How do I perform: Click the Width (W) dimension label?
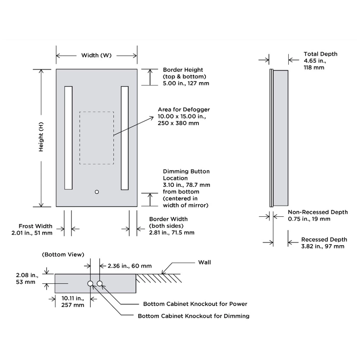click(96, 55)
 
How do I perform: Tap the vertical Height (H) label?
click(41, 137)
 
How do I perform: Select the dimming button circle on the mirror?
click(96, 192)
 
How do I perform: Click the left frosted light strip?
click(68, 138)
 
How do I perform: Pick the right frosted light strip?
click(125, 138)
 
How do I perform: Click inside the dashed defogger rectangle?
click(96, 138)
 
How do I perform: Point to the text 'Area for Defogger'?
click(184, 109)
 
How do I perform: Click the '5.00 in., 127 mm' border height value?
click(186, 84)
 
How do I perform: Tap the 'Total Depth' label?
click(320, 54)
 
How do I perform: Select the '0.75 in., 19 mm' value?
click(309, 219)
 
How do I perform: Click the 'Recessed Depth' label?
click(324, 239)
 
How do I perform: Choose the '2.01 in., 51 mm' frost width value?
click(32, 233)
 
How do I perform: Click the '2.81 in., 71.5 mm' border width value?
click(172, 233)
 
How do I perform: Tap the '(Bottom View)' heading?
click(63, 255)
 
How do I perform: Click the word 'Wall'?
click(204, 262)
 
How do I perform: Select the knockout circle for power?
click(99, 284)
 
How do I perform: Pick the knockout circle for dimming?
click(90, 284)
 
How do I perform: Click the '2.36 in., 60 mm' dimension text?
click(130, 266)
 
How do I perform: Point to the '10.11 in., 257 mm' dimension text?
click(73, 301)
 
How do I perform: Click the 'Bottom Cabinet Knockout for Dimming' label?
click(194, 316)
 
